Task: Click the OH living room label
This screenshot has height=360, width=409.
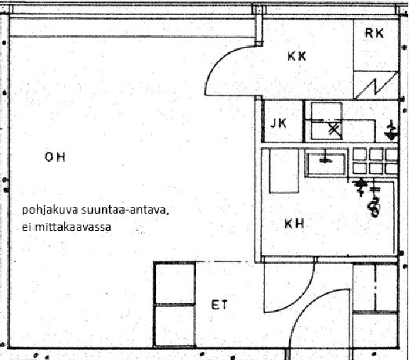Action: [x=55, y=157]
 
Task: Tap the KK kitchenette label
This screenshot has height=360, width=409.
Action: [x=297, y=56]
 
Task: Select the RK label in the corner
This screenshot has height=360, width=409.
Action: [x=375, y=34]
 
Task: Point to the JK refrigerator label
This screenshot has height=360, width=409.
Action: [x=278, y=123]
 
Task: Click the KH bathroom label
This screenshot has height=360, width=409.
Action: [x=295, y=224]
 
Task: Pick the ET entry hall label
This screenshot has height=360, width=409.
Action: [x=219, y=304]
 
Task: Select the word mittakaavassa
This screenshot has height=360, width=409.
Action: [x=73, y=227]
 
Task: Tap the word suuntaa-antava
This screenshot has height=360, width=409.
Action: [x=125, y=210]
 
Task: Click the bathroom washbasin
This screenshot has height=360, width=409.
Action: [x=326, y=164]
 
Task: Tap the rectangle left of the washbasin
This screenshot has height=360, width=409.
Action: [x=284, y=171]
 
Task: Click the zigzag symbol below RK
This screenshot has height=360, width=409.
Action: [x=376, y=86]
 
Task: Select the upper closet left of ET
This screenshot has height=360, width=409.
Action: [x=175, y=283]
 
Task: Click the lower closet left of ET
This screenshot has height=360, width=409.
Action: [x=175, y=326]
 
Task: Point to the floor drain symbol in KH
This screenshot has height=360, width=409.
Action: [x=375, y=207]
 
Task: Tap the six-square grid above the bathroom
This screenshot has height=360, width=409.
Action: [x=375, y=161]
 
